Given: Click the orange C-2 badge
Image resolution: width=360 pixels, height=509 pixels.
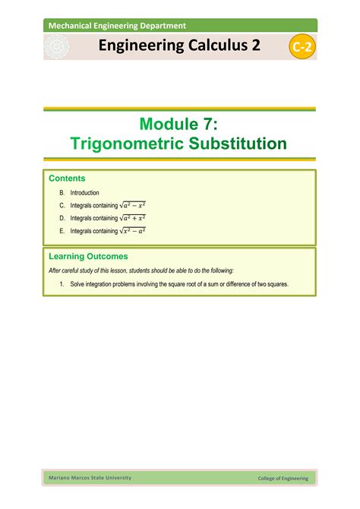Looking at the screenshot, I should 303,48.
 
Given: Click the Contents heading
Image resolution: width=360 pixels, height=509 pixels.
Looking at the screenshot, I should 68,179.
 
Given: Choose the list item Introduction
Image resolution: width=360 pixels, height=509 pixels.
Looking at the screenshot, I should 85,193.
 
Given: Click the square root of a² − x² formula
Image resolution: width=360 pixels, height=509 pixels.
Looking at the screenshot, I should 133,205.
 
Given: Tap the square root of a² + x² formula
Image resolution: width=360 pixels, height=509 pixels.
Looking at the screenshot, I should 133,217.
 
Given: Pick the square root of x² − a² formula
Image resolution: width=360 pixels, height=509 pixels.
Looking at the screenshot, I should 133,230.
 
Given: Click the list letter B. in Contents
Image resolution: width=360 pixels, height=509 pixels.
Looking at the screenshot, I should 62,193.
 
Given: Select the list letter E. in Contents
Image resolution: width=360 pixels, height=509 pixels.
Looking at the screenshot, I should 62,231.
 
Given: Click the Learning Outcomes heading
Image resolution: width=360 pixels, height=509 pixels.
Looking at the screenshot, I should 88,257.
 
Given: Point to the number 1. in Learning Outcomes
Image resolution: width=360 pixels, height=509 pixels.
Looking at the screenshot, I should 62,284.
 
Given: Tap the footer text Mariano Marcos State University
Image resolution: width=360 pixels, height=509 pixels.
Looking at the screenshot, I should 90,477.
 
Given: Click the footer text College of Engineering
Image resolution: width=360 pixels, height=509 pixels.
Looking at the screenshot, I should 283,478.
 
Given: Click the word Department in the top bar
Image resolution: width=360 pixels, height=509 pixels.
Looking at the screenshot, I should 159,26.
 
